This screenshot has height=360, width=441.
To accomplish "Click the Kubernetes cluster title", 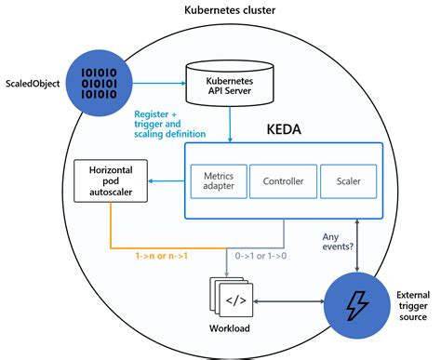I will (x=220, y=10).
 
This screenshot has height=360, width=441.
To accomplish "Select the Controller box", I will (x=277, y=180).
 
